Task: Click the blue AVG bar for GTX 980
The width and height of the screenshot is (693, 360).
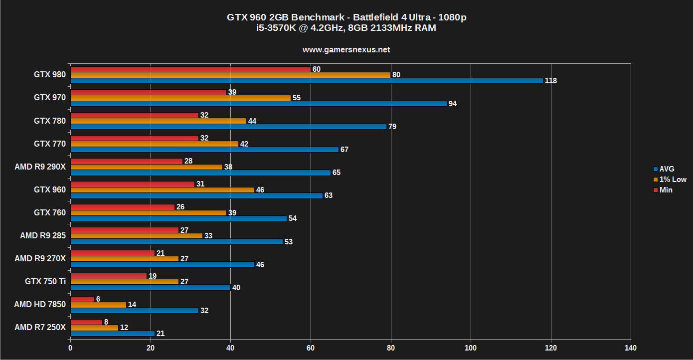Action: point(306,81)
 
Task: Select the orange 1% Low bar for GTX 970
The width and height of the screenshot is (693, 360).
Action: point(180,98)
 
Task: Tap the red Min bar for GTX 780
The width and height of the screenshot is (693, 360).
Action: point(134,115)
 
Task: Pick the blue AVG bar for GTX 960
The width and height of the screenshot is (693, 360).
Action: point(196,195)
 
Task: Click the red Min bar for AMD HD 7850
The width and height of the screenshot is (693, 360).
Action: point(82,299)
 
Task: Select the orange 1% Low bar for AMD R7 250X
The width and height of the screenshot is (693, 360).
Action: point(94,328)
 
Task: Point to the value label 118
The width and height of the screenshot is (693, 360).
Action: point(551,81)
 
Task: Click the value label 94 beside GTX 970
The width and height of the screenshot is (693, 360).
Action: point(452,104)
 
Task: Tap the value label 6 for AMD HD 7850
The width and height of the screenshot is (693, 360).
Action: point(98,299)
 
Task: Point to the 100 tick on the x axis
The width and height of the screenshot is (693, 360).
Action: point(471,348)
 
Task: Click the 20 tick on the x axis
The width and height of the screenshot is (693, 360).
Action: point(151,348)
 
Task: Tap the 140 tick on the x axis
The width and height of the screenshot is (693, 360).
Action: point(631,348)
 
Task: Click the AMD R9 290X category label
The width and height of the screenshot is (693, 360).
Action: point(40,167)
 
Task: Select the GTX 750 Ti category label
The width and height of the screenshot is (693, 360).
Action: point(45,281)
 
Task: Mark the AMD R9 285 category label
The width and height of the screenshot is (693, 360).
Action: point(42,235)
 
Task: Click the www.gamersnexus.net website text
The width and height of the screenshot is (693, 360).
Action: point(346,49)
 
